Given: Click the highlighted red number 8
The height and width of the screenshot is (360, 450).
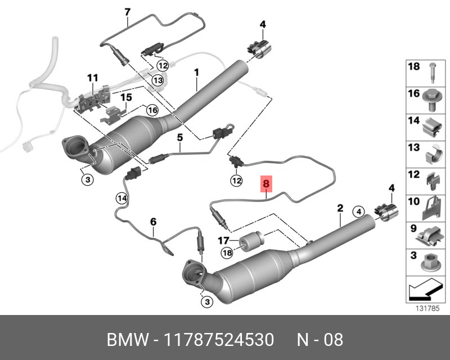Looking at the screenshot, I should tap(267, 183).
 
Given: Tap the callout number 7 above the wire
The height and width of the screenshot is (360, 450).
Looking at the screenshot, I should tap(127, 11).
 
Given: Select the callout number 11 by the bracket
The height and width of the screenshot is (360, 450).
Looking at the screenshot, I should tap(92, 77).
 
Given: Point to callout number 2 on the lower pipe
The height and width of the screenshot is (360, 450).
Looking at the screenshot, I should tap(340, 209).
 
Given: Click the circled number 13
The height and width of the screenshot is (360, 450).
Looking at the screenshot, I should tap(157, 80).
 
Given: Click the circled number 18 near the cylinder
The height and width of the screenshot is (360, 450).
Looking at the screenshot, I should tap(226, 253).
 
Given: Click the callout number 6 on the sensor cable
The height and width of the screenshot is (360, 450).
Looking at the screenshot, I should tap(152, 223).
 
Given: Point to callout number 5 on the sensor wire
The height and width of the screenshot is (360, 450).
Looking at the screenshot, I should tap(180, 137).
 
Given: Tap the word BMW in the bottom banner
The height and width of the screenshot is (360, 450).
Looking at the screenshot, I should tap(128, 340).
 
